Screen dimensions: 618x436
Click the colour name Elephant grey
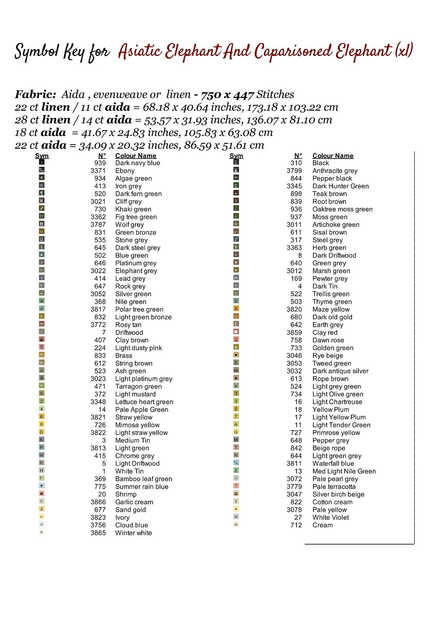click(136, 271)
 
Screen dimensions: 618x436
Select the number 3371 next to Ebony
click(98, 171)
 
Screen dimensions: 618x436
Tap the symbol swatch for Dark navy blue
click(42, 162)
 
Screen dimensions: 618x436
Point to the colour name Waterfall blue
click(333, 463)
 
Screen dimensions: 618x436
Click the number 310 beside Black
click(296, 163)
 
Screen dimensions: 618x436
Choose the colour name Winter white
click(133, 533)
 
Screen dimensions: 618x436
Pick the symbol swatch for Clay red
click(236, 332)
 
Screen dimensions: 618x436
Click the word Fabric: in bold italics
click(35, 95)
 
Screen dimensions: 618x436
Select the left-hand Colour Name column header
click(136, 156)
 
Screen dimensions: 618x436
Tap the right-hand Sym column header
click(236, 156)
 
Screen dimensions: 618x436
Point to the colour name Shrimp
click(125, 494)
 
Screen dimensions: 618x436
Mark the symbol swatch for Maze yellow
click(236, 309)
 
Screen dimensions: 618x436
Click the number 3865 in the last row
click(98, 533)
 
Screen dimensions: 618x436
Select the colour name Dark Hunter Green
click(340, 186)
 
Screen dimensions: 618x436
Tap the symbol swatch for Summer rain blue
click(42, 486)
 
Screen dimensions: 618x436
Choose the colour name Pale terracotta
click(334, 487)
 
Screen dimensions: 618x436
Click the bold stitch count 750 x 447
click(227, 95)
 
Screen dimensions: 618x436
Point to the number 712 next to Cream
click(296, 525)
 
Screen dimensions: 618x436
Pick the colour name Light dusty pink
click(138, 348)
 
